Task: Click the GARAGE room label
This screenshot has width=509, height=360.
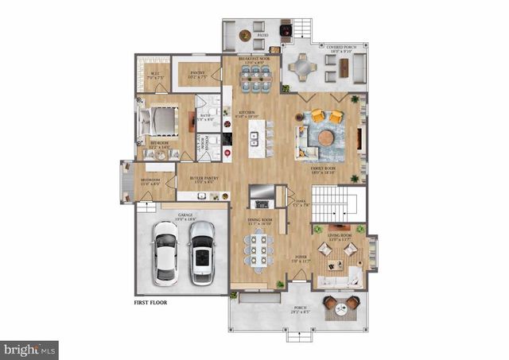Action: (185, 215)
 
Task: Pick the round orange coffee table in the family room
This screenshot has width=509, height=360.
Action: (326, 137)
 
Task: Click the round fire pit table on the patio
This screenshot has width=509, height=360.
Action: (246, 35)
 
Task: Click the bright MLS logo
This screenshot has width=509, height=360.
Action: (29, 348)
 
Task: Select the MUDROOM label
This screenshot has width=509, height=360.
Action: (151, 181)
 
